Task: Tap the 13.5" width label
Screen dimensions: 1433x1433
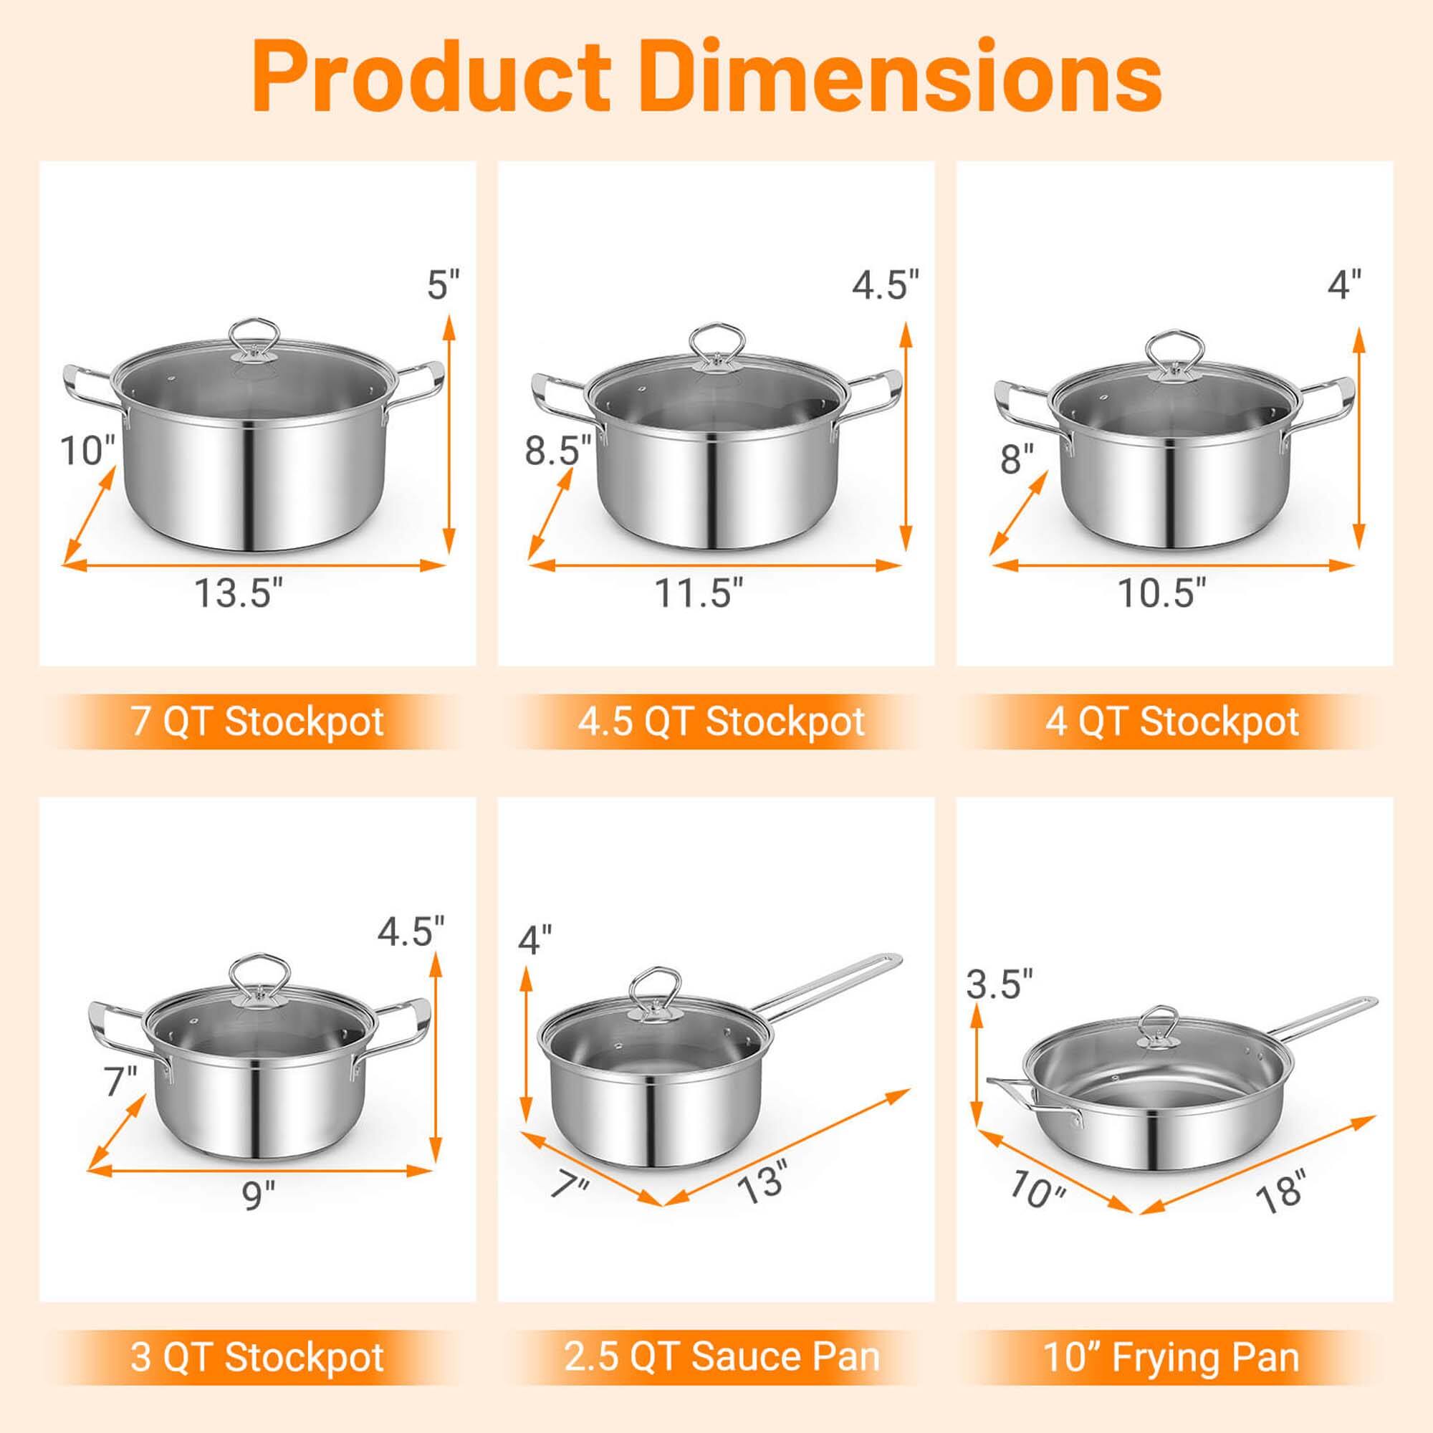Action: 239,593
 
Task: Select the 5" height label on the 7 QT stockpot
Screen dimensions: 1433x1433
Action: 443,285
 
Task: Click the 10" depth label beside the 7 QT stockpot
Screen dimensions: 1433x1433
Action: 87,450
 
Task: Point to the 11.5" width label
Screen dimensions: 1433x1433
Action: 698,593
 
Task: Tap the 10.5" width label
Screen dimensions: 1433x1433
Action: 1161,593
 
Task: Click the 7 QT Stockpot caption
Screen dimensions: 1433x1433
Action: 257,722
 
